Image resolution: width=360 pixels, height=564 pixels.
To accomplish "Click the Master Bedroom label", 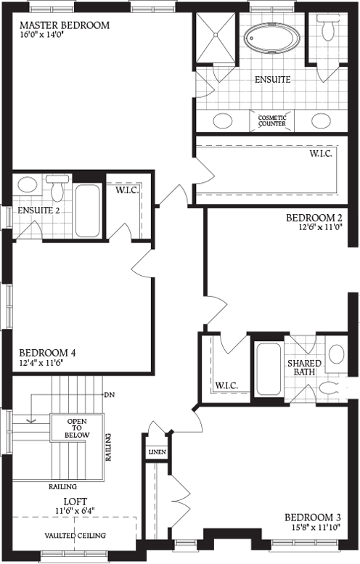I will pos(65,25).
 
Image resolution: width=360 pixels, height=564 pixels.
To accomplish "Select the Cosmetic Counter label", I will pos(272,120).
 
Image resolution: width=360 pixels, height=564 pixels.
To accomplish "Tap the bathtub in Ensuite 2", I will pos(89,210).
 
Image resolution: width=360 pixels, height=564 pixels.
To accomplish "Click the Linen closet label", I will pos(157,452).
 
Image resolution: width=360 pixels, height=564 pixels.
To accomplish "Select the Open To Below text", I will pos(78,428).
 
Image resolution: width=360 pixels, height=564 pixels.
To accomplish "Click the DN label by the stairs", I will pos(110,396).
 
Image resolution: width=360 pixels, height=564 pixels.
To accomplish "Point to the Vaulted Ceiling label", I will pos(75,536).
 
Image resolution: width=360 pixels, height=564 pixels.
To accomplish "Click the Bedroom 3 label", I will pos(313,518).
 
